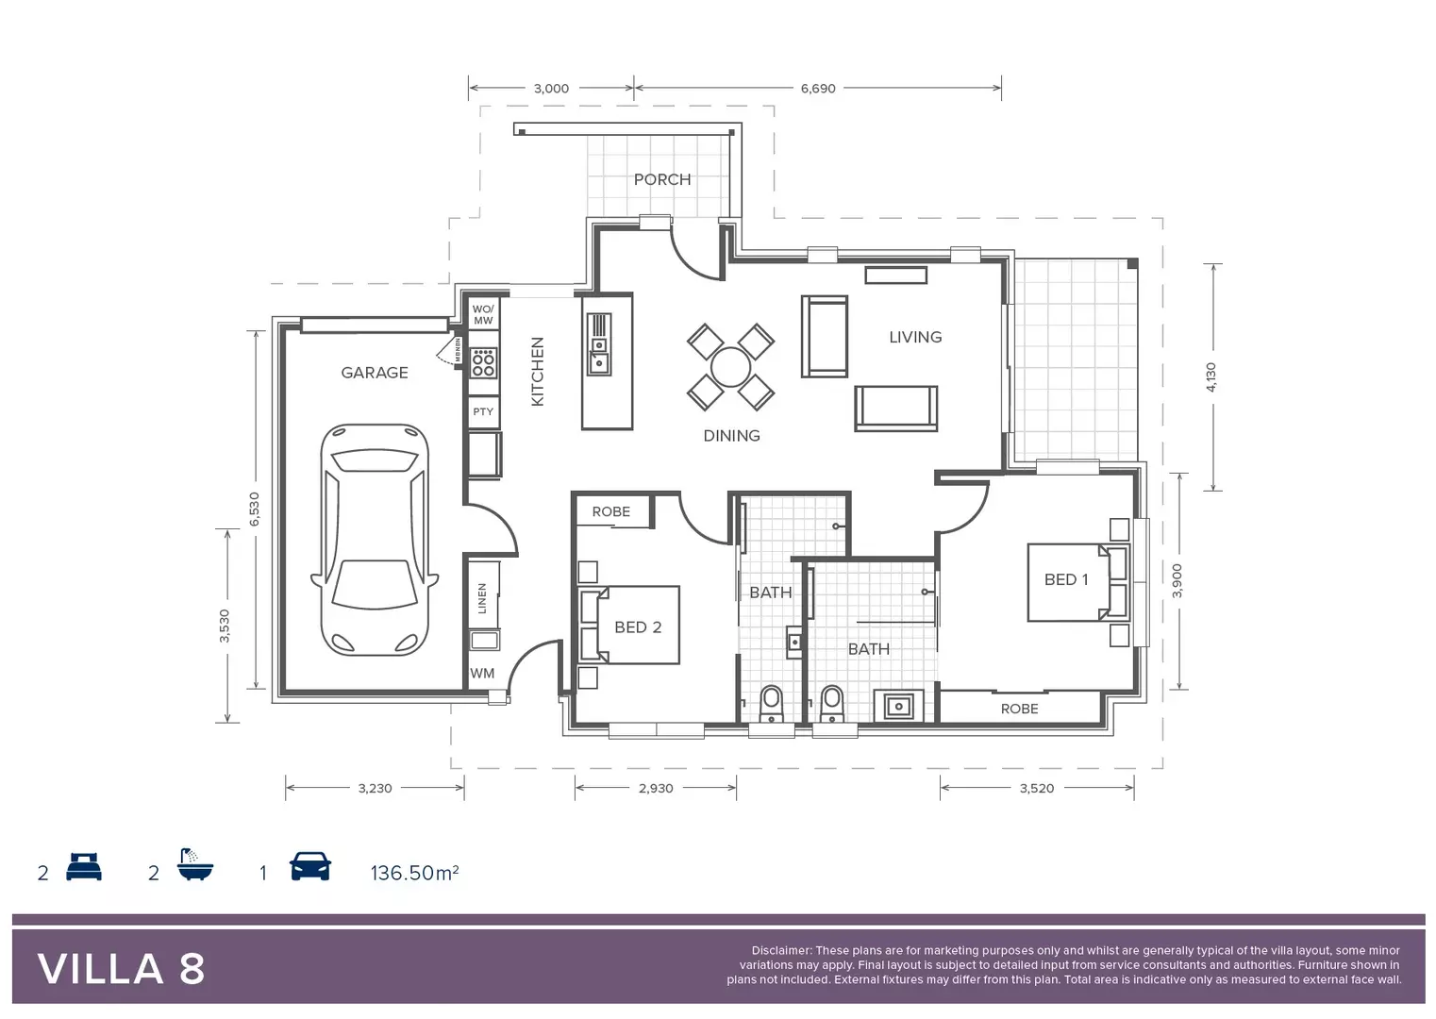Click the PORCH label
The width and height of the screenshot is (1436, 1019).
[x=661, y=179]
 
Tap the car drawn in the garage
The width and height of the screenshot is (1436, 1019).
[x=375, y=540]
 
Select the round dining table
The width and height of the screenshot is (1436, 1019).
[x=730, y=367]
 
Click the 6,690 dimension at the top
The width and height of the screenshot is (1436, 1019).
[x=817, y=89]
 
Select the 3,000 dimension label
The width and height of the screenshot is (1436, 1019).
[x=551, y=89]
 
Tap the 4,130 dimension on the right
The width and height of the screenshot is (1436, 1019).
[x=1211, y=376]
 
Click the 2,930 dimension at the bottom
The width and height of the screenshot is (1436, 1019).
[x=656, y=788]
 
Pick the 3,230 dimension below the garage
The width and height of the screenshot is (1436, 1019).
[x=375, y=788]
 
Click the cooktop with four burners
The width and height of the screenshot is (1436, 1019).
[x=483, y=363]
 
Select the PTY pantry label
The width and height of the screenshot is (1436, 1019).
[x=483, y=411]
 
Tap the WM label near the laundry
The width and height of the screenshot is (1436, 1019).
[x=482, y=674]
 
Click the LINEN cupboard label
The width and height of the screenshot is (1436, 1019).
[x=482, y=598]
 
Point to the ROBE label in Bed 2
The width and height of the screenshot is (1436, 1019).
[x=610, y=511]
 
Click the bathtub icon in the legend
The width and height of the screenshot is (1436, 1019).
[x=195, y=864]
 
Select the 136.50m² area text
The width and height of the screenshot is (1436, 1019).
[x=414, y=873]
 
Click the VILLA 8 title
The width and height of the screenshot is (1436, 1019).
[x=121, y=969]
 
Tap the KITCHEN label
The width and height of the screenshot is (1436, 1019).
[x=538, y=372]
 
